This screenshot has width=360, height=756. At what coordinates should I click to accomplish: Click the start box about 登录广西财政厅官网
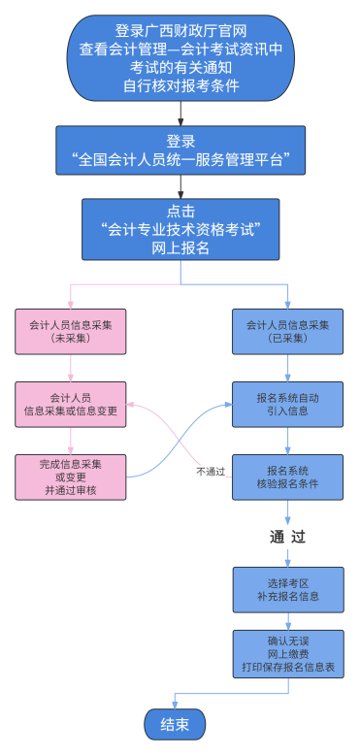point(180,58)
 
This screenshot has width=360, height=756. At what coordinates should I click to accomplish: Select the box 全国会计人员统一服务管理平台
point(180,150)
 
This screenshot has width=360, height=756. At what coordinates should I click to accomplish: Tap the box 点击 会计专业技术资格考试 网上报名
point(180,229)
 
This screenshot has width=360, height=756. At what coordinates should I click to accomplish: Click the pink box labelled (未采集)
point(71,332)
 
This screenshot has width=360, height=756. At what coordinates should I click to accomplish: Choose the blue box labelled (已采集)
point(288,332)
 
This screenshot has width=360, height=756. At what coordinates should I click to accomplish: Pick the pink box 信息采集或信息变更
point(71,405)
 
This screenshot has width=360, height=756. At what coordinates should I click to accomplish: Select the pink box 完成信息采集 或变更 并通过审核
point(71,477)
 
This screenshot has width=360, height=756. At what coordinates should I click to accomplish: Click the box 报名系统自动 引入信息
point(288,405)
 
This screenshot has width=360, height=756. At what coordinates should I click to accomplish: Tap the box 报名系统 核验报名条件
point(288,477)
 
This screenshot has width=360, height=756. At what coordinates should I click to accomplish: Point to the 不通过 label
point(211,472)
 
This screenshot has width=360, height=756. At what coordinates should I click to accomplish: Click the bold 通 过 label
point(288,537)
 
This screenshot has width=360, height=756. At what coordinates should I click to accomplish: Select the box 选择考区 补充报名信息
point(288,590)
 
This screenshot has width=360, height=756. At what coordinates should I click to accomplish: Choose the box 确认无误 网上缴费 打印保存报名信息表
point(288,654)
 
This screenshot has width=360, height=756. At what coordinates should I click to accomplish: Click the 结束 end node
point(175,724)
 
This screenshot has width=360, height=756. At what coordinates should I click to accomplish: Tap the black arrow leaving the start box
point(180,114)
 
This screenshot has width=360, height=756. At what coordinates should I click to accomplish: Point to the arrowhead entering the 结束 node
point(175,705)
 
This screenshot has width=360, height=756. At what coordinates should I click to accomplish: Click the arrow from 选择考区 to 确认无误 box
point(288,621)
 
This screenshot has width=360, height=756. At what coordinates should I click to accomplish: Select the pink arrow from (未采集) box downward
point(71,369)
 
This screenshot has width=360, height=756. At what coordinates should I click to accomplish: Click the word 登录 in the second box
point(180,142)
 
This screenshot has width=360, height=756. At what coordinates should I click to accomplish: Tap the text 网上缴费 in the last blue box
point(288,654)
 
